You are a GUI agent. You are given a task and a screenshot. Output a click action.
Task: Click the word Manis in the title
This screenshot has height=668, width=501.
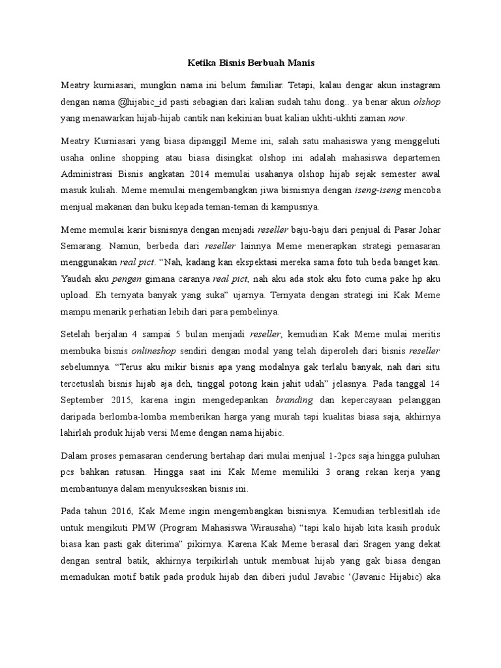coord(299,63)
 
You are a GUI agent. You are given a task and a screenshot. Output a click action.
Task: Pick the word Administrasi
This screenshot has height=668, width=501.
coord(89,174)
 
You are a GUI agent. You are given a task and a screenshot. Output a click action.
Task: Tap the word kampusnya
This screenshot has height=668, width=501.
coord(294,207)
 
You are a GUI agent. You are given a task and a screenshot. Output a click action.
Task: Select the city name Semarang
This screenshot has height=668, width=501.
coord(83,247)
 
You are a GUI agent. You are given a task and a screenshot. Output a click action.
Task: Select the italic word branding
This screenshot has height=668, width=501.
coord(295,399)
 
